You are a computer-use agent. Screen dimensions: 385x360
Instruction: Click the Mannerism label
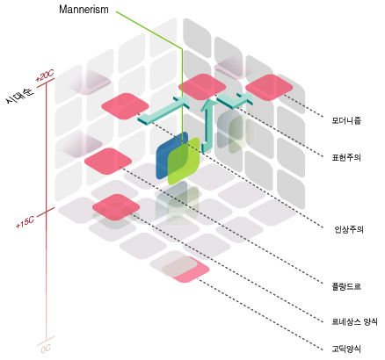84,10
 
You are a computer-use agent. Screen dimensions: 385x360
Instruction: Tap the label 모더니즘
346,120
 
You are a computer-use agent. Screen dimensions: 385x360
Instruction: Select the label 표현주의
346,157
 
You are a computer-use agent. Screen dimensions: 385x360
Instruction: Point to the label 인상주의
349,229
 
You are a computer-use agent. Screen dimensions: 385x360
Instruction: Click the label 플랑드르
346,286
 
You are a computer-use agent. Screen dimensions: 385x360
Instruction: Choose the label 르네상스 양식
354,321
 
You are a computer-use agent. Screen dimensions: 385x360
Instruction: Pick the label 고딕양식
346,349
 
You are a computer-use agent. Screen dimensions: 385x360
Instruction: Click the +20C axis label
45,76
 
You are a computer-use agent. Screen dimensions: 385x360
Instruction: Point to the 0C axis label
46,349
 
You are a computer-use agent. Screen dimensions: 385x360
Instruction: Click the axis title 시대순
19,95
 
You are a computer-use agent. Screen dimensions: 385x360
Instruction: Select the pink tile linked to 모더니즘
269,87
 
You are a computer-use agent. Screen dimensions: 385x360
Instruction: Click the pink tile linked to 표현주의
202,87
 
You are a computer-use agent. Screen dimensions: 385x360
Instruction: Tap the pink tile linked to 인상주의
125,106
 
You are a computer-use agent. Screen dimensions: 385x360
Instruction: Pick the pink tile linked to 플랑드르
108,162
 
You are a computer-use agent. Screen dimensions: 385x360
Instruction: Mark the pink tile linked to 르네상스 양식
116,207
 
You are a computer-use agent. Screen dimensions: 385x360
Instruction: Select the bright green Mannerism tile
184,161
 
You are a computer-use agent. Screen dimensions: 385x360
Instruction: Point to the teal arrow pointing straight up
207,126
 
